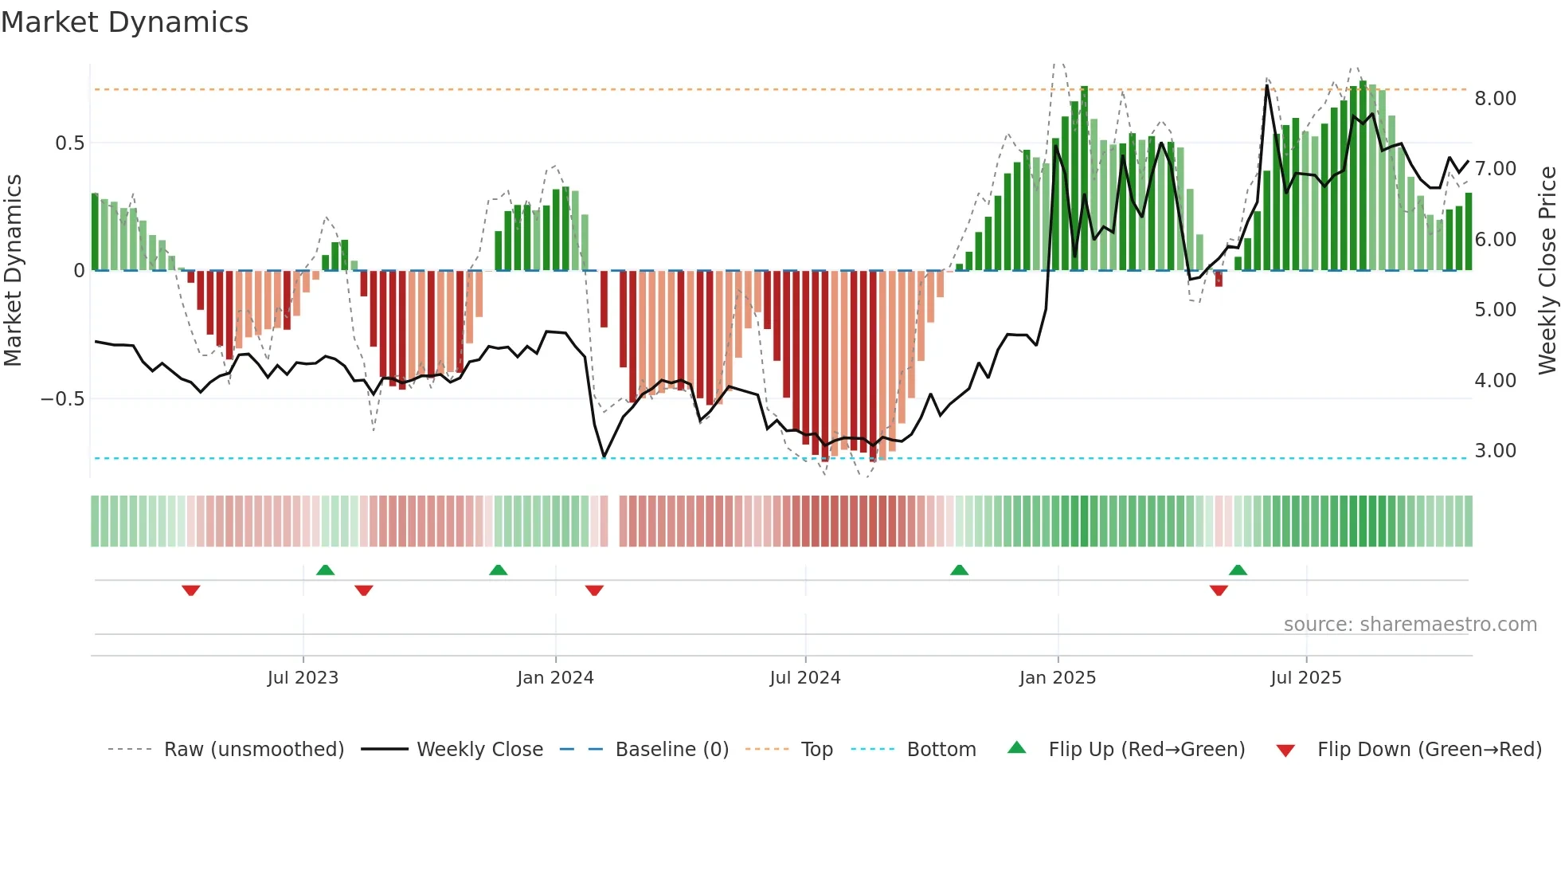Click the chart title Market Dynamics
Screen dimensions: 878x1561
click(124, 22)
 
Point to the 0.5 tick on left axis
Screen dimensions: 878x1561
click(69, 143)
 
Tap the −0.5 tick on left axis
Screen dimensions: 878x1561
click(63, 398)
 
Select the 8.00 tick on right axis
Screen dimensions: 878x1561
click(1495, 99)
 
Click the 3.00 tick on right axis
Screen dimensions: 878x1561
click(1495, 451)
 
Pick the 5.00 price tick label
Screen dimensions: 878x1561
click(1495, 310)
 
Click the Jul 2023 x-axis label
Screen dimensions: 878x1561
click(303, 678)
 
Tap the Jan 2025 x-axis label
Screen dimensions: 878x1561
click(1058, 678)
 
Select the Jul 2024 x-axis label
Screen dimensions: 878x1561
click(805, 678)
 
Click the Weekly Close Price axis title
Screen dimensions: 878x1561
click(1547, 271)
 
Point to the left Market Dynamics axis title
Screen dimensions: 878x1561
click(13, 271)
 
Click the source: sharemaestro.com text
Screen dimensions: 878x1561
click(1410, 625)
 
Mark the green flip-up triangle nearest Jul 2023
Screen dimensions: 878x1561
click(325, 570)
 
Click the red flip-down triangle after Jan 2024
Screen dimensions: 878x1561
click(594, 590)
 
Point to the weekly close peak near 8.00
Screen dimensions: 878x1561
click(1266, 85)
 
